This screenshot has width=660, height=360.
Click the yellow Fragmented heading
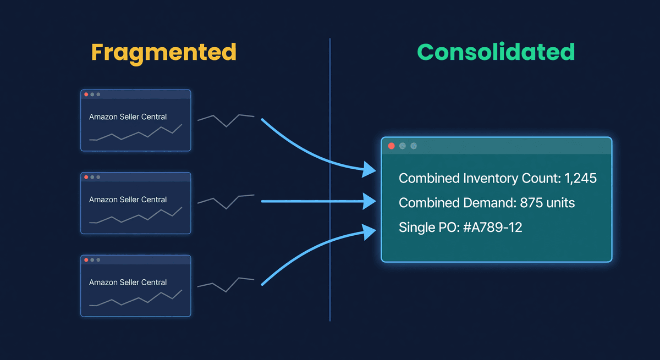tap(163, 52)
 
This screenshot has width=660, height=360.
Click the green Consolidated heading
tap(496, 52)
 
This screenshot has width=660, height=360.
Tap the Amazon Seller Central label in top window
tap(128, 117)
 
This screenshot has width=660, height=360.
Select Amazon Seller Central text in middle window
tap(128, 200)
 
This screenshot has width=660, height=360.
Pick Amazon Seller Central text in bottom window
tap(128, 282)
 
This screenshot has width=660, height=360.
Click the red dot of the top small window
tap(86, 95)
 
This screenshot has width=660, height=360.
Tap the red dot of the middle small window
tap(86, 177)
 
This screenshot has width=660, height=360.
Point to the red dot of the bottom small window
tap(86, 259)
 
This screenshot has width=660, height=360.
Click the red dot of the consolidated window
tap(392, 146)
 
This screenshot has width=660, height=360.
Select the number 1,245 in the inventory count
tap(580, 179)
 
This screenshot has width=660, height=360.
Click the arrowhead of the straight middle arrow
tap(370, 202)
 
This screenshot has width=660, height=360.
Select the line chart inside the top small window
tap(135, 134)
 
